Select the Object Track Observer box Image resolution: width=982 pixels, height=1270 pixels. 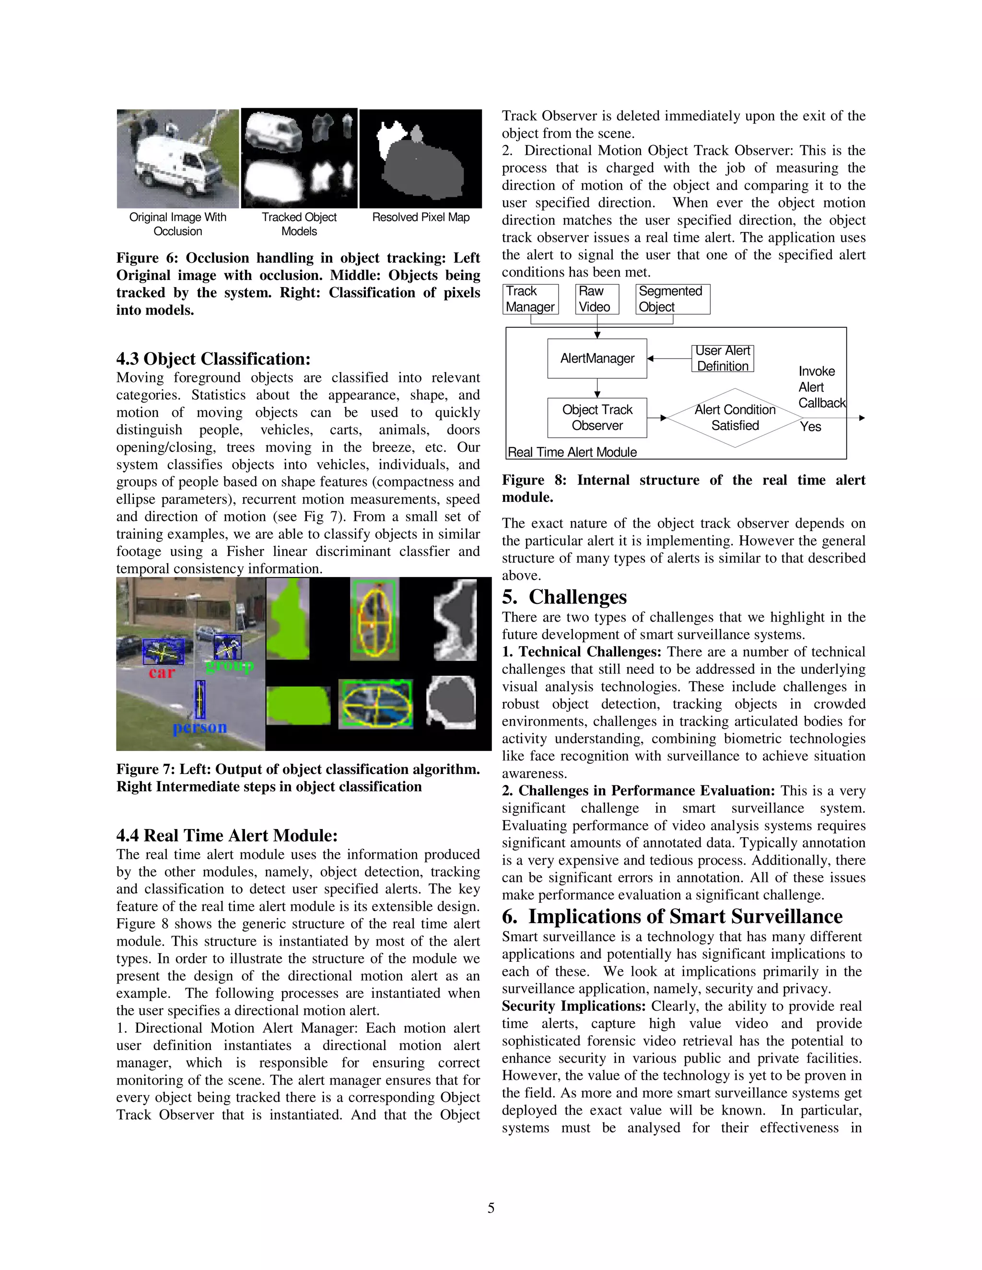pos(597,417)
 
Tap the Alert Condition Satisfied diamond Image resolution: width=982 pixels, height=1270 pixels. pos(735,417)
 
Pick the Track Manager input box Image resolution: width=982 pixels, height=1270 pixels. pos(530,299)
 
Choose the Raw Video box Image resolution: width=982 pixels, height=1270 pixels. pos(596,299)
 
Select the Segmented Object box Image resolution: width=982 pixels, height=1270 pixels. pos(673,299)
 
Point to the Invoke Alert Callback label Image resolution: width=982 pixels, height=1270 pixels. pos(820,387)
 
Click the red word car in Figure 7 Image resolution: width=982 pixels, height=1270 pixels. pos(162,673)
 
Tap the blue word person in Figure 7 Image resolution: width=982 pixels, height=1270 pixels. pos(199,727)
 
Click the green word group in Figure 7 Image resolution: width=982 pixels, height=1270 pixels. pos(230,665)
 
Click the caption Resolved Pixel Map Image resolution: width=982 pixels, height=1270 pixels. pos(421,218)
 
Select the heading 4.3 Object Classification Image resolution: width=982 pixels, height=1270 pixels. pos(213,359)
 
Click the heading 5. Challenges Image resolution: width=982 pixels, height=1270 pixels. pos(564,597)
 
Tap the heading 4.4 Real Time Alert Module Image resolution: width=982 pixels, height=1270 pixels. pos(227,836)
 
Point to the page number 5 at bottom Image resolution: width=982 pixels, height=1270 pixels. pos(491,1208)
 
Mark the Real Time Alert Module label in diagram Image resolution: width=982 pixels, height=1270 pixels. pos(572,452)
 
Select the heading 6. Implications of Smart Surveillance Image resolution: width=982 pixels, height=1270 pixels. pos(672,917)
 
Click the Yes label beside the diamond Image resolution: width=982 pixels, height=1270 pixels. pos(810,427)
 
